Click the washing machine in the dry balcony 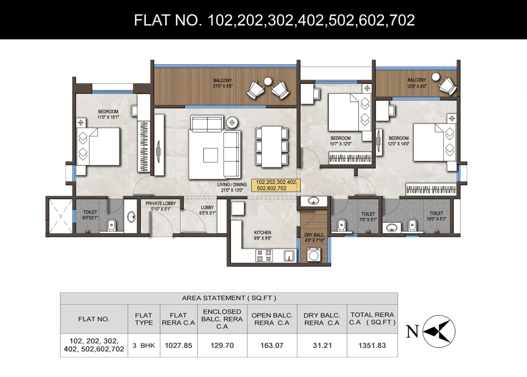tap(314, 255)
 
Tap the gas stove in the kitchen tap(264, 256)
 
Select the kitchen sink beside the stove tap(289, 256)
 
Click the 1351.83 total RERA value tap(372, 345)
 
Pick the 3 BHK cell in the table tap(144, 345)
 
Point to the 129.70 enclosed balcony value tap(222, 345)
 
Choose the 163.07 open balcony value tap(272, 345)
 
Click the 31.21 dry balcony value tap(322, 345)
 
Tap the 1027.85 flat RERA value tap(179, 345)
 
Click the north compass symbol tap(439, 332)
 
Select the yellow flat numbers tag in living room tap(276, 185)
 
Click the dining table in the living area tap(271, 147)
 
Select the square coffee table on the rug tap(210, 155)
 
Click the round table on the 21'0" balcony tap(268, 81)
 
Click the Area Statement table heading tap(229, 298)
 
